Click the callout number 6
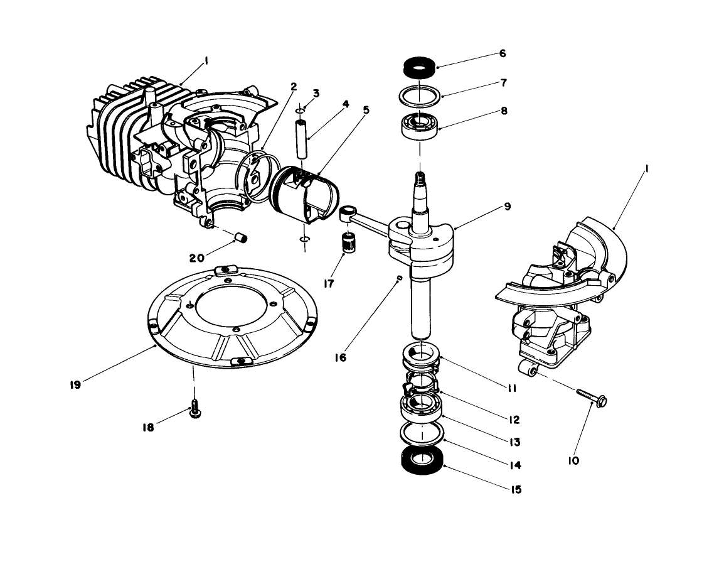503,54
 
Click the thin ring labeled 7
420,94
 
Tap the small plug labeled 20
241,237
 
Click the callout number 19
75,386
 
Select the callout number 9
507,206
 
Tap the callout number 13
514,442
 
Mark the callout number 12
514,419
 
